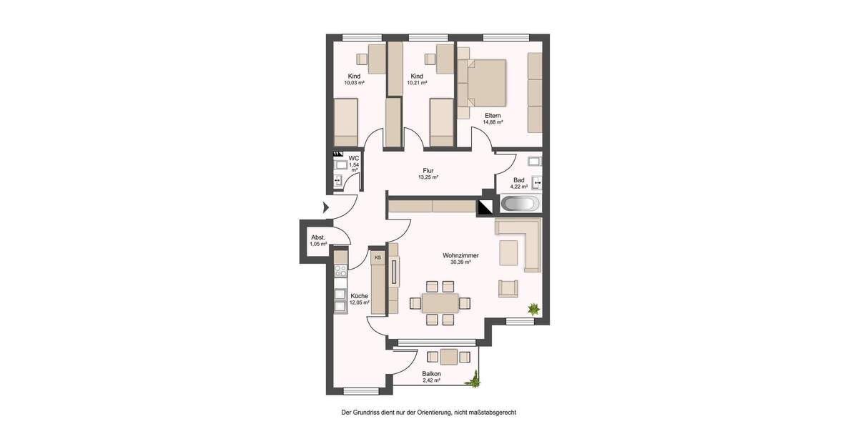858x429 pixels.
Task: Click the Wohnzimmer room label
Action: [460, 255]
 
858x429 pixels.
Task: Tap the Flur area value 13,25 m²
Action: [428, 177]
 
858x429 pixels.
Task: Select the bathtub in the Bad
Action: [519, 204]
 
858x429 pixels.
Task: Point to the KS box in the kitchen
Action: [377, 257]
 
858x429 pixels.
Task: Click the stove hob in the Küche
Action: [340, 270]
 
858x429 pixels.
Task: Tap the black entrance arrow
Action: [325, 208]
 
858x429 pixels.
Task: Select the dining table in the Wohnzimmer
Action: [440, 302]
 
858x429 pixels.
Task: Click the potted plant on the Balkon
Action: [473, 379]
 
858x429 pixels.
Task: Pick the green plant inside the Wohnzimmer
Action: [533, 309]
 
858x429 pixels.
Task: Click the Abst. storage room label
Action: [318, 237]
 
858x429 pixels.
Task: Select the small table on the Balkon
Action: [449, 356]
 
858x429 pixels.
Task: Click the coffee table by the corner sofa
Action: [509, 252]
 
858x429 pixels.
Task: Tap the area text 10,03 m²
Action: [354, 83]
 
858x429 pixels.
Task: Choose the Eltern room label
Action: [492, 115]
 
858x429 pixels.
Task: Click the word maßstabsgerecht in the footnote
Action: [490, 413]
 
